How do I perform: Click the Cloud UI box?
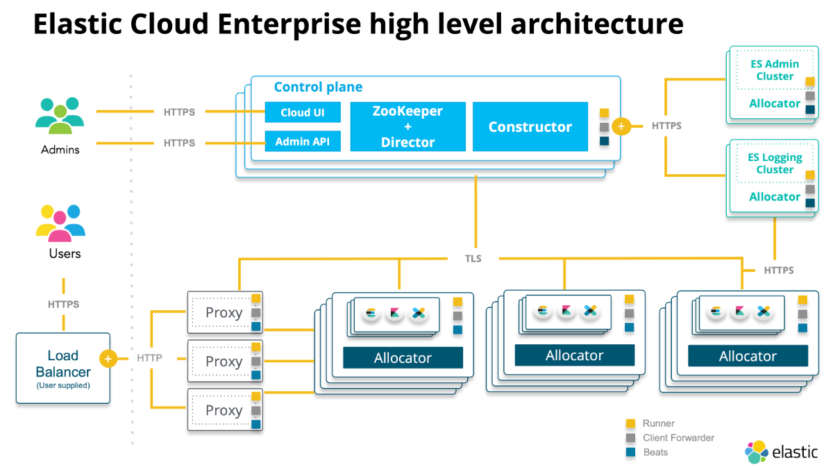point(303,112)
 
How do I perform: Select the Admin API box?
point(303,142)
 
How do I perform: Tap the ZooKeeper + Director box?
point(407,126)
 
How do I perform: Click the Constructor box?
point(530,126)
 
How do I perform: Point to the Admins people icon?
point(60,116)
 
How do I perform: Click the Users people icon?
point(61,221)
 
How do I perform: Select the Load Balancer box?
point(63,368)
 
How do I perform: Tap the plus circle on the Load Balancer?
point(108,359)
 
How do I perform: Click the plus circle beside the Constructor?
point(621,127)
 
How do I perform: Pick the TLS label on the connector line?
point(473,258)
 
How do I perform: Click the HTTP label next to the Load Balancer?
point(149,359)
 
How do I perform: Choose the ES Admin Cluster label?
point(775,70)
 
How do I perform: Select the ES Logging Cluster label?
point(775,163)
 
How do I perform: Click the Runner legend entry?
point(658,423)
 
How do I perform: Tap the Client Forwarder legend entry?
point(678,438)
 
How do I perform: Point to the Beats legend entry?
point(655,452)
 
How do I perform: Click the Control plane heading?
point(318,87)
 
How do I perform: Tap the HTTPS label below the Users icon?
point(63,304)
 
